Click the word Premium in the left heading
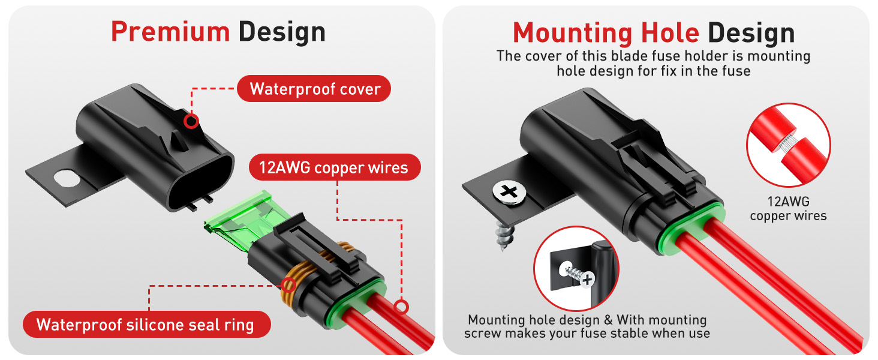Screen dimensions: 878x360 click(170, 32)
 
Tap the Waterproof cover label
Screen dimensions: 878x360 click(315, 89)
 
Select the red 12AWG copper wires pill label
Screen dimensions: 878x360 click(333, 168)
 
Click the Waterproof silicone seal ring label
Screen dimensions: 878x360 click(146, 325)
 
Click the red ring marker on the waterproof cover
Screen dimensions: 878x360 click(191, 121)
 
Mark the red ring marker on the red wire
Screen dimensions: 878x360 click(400, 307)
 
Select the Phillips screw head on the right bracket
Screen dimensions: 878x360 click(509, 192)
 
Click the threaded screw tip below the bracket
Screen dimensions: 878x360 click(503, 240)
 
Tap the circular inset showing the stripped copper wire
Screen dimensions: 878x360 click(788, 145)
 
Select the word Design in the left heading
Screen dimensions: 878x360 click(282, 32)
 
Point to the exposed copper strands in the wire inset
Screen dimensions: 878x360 click(787, 144)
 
